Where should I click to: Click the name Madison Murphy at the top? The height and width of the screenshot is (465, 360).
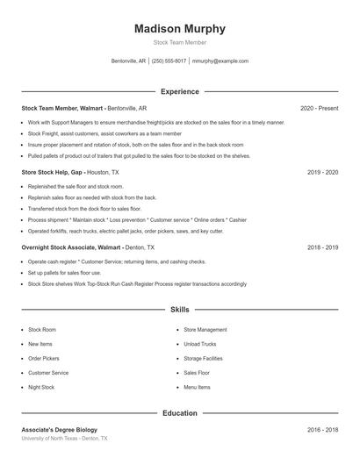coord(180,28)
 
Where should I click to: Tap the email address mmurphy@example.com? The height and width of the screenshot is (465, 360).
coord(220,61)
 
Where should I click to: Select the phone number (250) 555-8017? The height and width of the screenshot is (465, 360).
coord(169,61)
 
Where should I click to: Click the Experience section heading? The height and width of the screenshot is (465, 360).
coord(180,91)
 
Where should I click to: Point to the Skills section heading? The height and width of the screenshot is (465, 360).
coord(180,310)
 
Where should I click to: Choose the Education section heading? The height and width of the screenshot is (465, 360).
coord(180,412)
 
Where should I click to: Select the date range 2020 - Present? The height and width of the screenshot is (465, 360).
coord(319,108)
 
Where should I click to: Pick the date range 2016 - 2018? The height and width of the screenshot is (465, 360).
coord(322,430)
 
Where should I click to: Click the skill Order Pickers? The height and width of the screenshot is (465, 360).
coord(44,358)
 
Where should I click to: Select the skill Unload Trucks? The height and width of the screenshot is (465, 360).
coord(199,344)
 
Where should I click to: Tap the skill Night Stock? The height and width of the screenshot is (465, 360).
coord(41,387)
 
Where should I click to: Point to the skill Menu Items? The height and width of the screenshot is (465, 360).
coord(197,387)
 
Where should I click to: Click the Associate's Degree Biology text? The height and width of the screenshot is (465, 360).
coord(59,430)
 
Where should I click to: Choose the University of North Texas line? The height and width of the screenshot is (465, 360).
coord(64,438)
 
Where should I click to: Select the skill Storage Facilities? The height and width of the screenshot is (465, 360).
coord(203,358)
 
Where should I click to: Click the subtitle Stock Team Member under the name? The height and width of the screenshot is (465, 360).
coord(180,42)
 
